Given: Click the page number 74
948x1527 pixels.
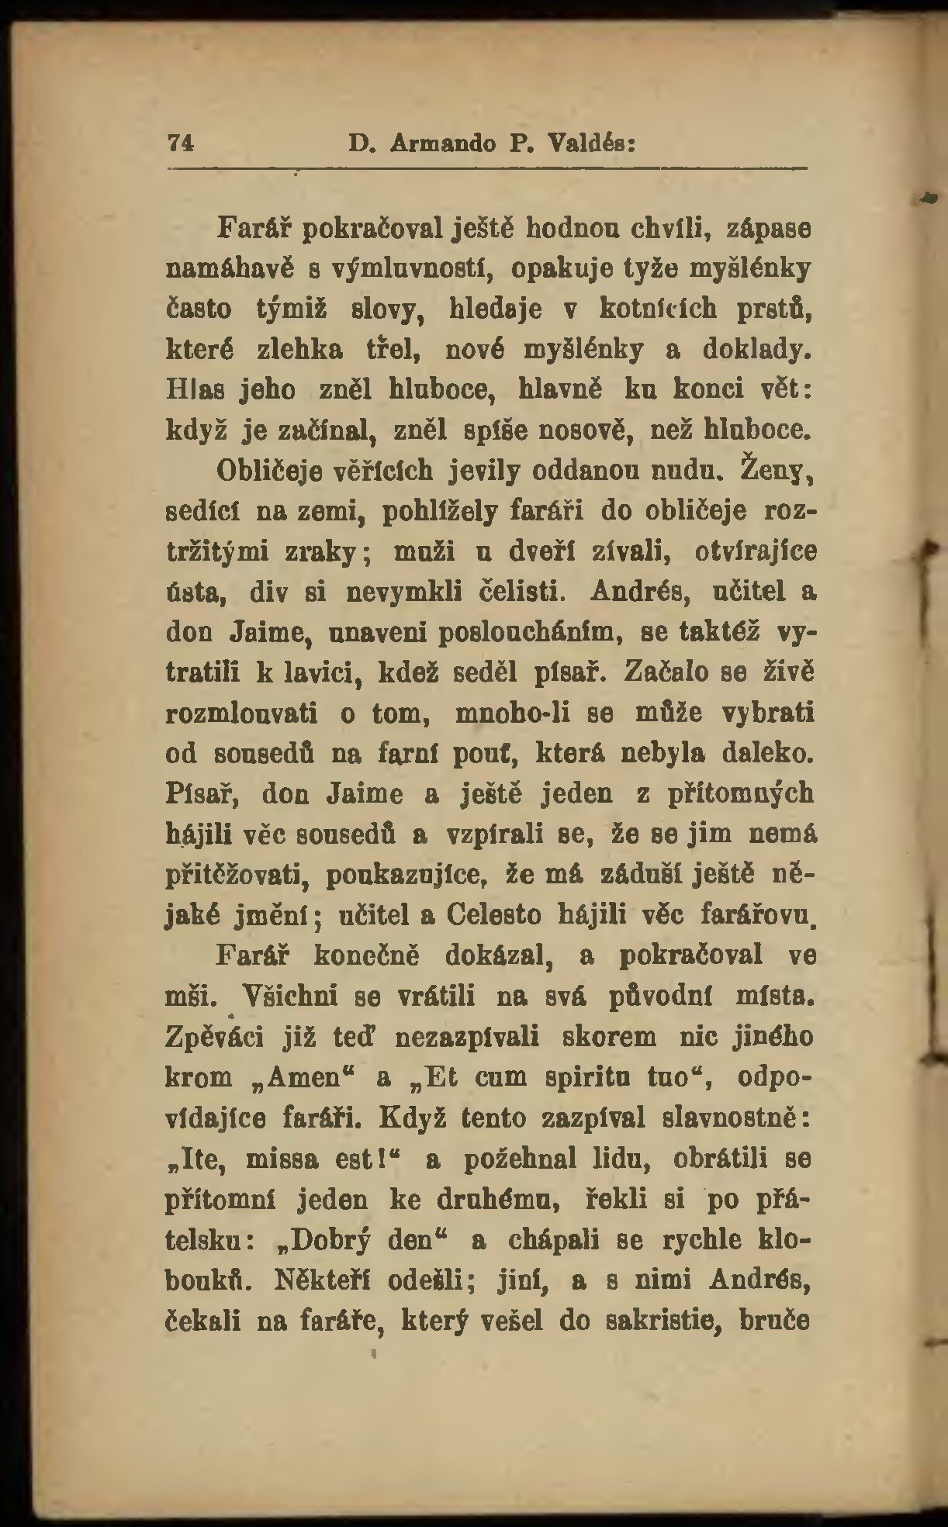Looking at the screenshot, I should tap(180, 143).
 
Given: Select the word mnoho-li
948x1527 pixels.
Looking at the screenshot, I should tap(513, 713).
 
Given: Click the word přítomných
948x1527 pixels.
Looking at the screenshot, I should tap(741, 793).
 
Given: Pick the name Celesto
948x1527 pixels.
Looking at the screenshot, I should tap(494, 915).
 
